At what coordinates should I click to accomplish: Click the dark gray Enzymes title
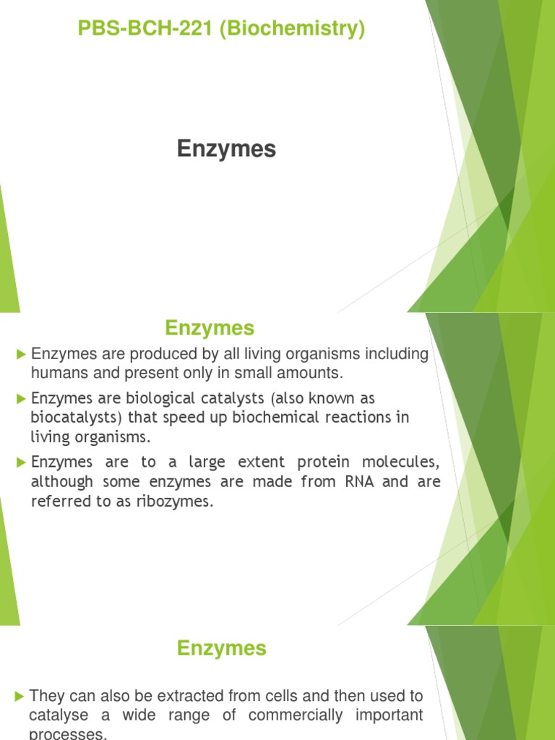pyautogui.click(x=227, y=149)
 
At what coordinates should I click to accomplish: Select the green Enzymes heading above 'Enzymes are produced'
pyautogui.click(x=210, y=328)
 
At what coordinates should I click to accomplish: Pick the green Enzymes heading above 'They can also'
pyautogui.click(x=222, y=648)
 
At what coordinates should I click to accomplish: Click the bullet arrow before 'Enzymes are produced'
pyautogui.click(x=20, y=354)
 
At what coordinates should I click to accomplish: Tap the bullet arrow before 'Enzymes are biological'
pyautogui.click(x=20, y=398)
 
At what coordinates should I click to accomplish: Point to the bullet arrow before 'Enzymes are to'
pyautogui.click(x=20, y=462)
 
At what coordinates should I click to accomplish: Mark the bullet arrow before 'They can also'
pyautogui.click(x=20, y=696)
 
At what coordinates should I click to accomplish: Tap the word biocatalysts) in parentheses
pyautogui.click(x=75, y=418)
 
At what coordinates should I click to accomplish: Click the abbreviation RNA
pyautogui.click(x=354, y=481)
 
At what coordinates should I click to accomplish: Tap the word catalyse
pyautogui.click(x=59, y=715)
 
